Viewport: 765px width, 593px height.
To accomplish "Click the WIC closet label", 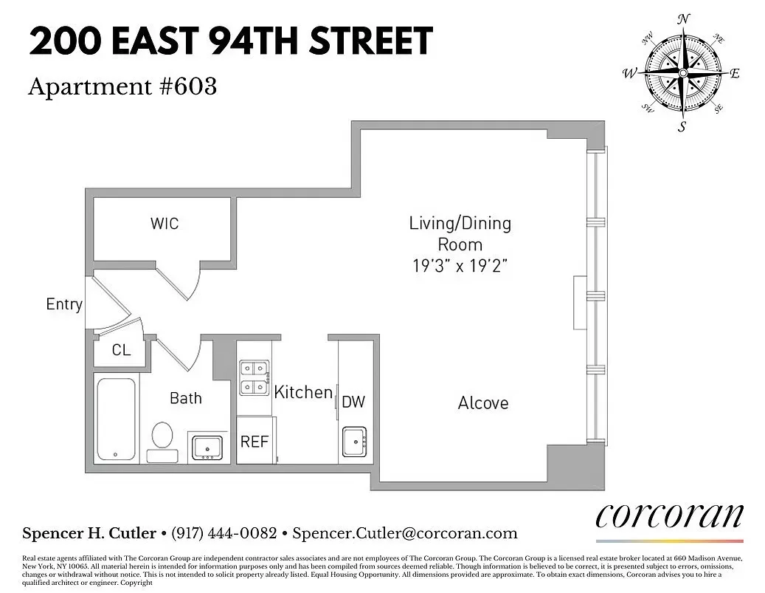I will click(164, 223).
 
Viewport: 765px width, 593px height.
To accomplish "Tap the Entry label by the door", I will click(64, 304).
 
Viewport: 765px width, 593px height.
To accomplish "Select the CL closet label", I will click(121, 350).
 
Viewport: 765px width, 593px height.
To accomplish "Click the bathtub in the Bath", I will click(116, 419).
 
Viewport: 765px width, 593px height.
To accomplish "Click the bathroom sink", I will click(207, 448).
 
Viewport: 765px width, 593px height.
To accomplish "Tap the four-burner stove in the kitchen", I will click(254, 377).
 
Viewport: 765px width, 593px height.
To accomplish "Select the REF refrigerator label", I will click(255, 442).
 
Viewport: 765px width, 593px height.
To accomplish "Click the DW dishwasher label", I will click(353, 402).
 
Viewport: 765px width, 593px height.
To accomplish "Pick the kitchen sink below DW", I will click(356, 442).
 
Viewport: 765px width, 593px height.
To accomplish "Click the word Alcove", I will click(483, 403).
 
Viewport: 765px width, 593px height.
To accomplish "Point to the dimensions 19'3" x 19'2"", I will click(460, 266).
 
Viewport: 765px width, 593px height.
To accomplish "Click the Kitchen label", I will click(303, 392).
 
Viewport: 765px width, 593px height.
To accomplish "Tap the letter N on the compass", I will click(683, 18).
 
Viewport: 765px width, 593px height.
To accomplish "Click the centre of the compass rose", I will click(683, 73).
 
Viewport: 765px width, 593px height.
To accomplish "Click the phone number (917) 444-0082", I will click(224, 533).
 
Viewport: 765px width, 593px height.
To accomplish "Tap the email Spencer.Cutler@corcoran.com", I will click(405, 533).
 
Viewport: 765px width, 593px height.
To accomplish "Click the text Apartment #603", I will click(122, 87).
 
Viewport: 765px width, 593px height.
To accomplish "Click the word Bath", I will click(185, 398).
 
